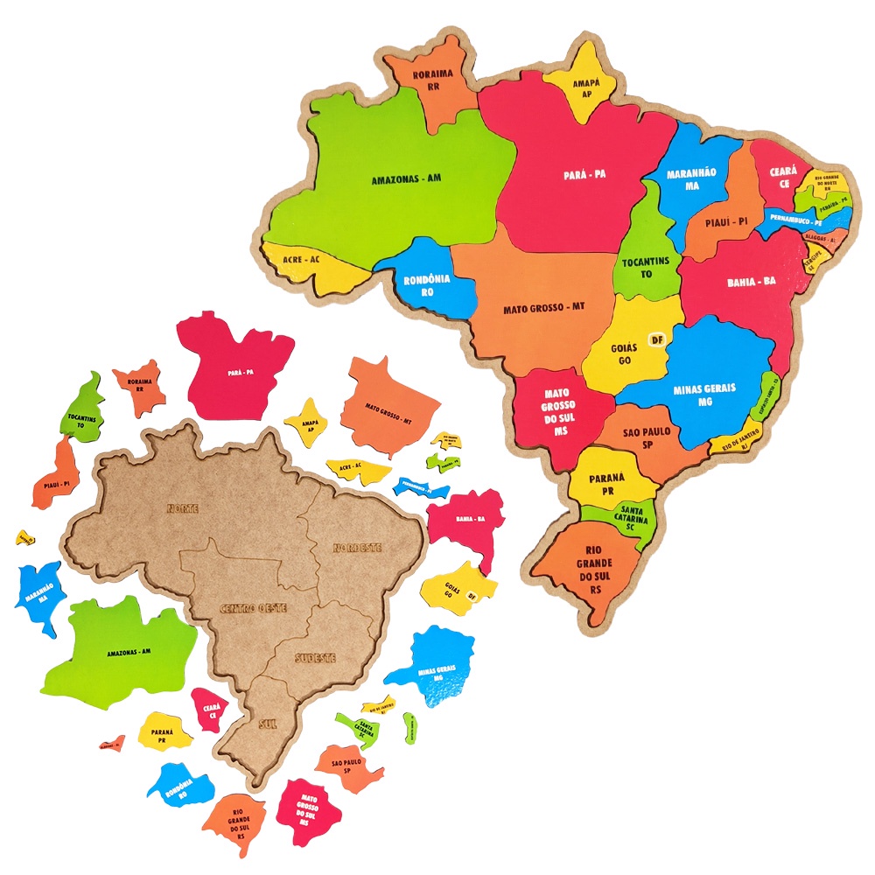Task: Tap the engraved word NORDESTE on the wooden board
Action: (357, 548)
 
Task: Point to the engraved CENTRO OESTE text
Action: (253, 607)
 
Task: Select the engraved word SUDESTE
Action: (316, 657)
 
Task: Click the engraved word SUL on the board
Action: (268, 724)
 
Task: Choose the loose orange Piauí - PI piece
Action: (57, 478)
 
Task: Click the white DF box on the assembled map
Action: (657, 338)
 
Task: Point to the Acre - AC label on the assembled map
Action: (303, 260)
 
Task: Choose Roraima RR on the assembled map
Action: (432, 80)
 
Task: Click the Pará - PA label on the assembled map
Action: (584, 174)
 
